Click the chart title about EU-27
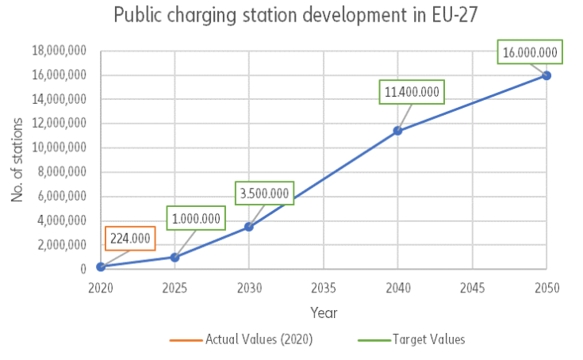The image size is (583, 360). coord(291,16)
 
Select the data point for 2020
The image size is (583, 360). coord(101,266)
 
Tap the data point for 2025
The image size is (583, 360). coord(175,257)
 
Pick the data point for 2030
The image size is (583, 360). coord(249,227)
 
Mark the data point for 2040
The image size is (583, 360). coord(398,131)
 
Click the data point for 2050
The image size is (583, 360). coord(547,75)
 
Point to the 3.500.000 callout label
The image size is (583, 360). coord(266,193)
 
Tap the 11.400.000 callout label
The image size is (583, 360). coord(412,92)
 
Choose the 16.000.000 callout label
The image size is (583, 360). coord(531,54)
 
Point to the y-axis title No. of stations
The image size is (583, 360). coord(17,159)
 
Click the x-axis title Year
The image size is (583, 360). coord(324,312)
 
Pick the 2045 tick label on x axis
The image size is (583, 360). coord(472,287)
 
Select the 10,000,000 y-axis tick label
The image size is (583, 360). coord(59,148)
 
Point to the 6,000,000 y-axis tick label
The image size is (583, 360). coord(63,197)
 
